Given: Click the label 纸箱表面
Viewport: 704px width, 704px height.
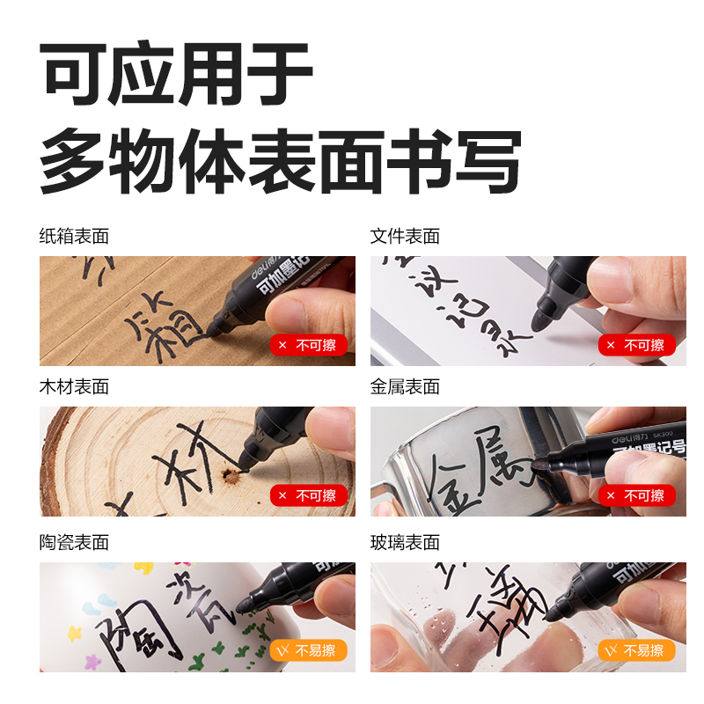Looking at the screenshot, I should [x=74, y=236].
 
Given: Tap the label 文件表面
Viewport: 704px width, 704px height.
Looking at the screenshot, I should [x=405, y=236].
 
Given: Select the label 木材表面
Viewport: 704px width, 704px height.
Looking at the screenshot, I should [x=74, y=386].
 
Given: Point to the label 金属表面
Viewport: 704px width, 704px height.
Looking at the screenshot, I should [x=405, y=386].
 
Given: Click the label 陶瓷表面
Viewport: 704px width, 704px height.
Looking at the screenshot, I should [x=74, y=542].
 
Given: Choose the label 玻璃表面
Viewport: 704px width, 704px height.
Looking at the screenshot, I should [x=405, y=542].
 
